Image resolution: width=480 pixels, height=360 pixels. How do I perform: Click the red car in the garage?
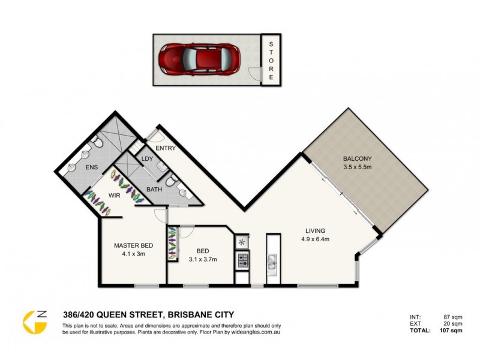point(199,61)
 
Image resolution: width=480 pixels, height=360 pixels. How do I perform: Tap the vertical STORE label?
point(271,61)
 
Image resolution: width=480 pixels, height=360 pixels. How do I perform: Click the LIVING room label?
point(315,230)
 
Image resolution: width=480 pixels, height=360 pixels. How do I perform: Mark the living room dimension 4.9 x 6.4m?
point(315,239)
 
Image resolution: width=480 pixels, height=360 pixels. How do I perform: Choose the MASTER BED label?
point(133,245)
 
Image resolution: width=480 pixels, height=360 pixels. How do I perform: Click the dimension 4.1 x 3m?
point(133,254)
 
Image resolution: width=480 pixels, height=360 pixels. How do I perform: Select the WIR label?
point(116,196)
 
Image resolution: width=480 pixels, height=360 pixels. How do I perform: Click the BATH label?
point(154,190)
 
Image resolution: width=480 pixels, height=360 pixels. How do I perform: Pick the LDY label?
point(146,159)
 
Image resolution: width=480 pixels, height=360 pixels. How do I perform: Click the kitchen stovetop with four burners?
point(242,260)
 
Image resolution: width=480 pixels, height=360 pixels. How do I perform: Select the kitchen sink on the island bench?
point(272,261)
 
